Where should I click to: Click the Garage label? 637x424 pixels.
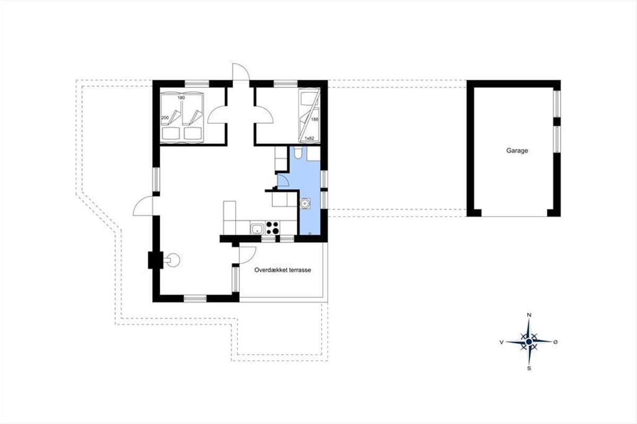tap(517, 151)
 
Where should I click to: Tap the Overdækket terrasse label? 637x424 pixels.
tap(282, 270)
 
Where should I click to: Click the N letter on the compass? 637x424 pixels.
tap(529, 315)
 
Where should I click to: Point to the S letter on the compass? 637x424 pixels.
tap(529, 368)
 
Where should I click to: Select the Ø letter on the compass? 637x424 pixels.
tap(555, 342)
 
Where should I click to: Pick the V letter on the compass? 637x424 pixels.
tap(502, 342)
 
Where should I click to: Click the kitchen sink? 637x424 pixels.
tap(257, 228)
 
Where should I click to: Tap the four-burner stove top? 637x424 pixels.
tap(272, 228)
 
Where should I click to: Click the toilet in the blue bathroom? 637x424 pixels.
tap(298, 153)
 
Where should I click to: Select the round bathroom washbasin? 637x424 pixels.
tap(305, 204)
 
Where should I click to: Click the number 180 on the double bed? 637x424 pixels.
tap(181, 98)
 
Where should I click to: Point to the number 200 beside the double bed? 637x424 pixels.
tap(165, 117)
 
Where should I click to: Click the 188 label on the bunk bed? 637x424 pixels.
tap(314, 120)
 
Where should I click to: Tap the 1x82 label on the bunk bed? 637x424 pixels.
tap(309, 138)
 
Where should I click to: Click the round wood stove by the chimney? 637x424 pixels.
tap(173, 260)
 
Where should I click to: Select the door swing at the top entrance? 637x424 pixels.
tap(241, 72)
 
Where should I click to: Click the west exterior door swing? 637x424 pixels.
tap(143, 206)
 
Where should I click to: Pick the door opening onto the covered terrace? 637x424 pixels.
tap(248, 255)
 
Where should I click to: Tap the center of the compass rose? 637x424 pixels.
tap(529, 342)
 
